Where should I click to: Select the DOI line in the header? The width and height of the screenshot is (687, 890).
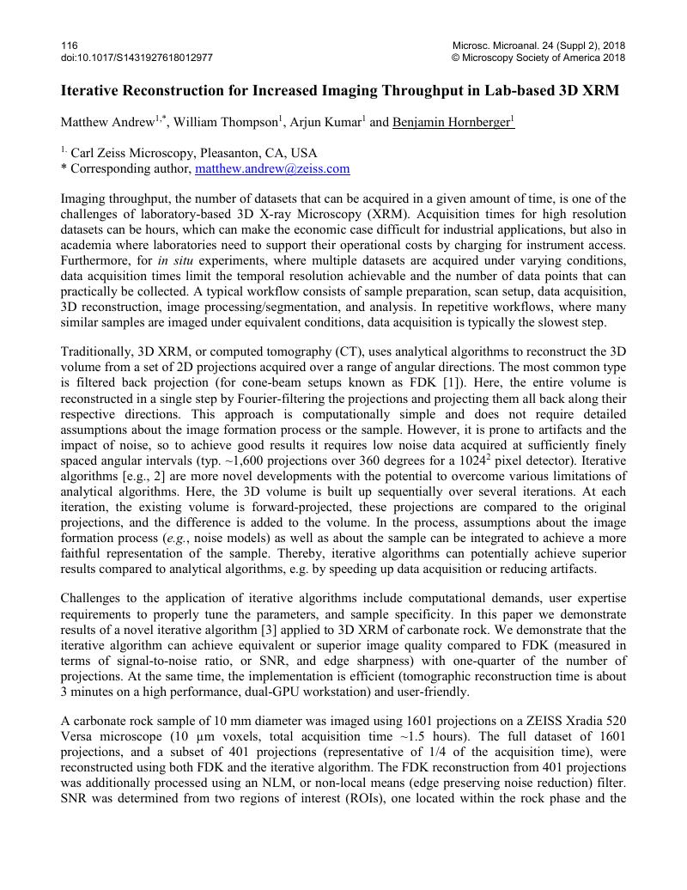pyautogui.click(x=137, y=58)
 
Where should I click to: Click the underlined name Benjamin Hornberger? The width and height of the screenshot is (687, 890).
pyautogui.click(x=452, y=122)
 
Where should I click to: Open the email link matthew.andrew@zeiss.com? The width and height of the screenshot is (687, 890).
pyautogui.click(x=272, y=169)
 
